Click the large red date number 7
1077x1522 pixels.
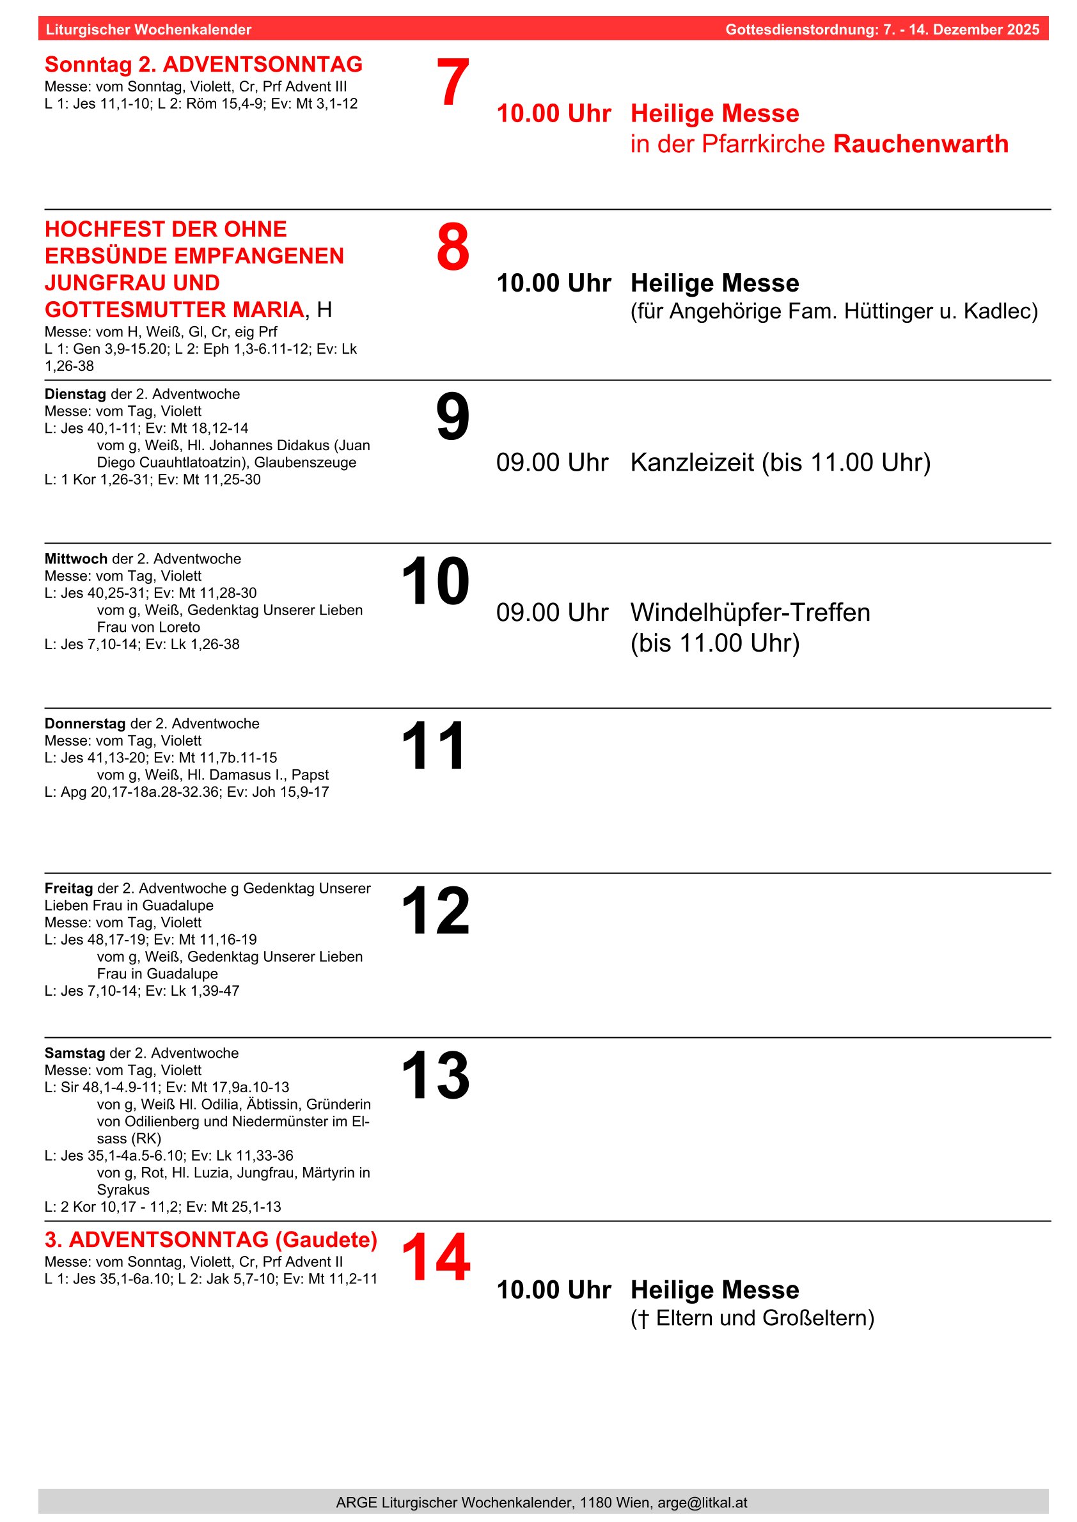453,82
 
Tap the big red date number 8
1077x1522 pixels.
453,247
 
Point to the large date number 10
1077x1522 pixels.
435,581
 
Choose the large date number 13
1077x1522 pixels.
435,1075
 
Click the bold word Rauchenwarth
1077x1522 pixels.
920,144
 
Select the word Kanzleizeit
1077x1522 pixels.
692,462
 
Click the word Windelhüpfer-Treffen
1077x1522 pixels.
750,612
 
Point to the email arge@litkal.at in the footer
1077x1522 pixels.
702,1502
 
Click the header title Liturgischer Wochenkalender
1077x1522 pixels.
148,30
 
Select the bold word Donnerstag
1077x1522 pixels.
85,723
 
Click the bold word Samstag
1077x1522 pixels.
75,1053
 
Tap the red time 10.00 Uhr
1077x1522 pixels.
554,113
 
